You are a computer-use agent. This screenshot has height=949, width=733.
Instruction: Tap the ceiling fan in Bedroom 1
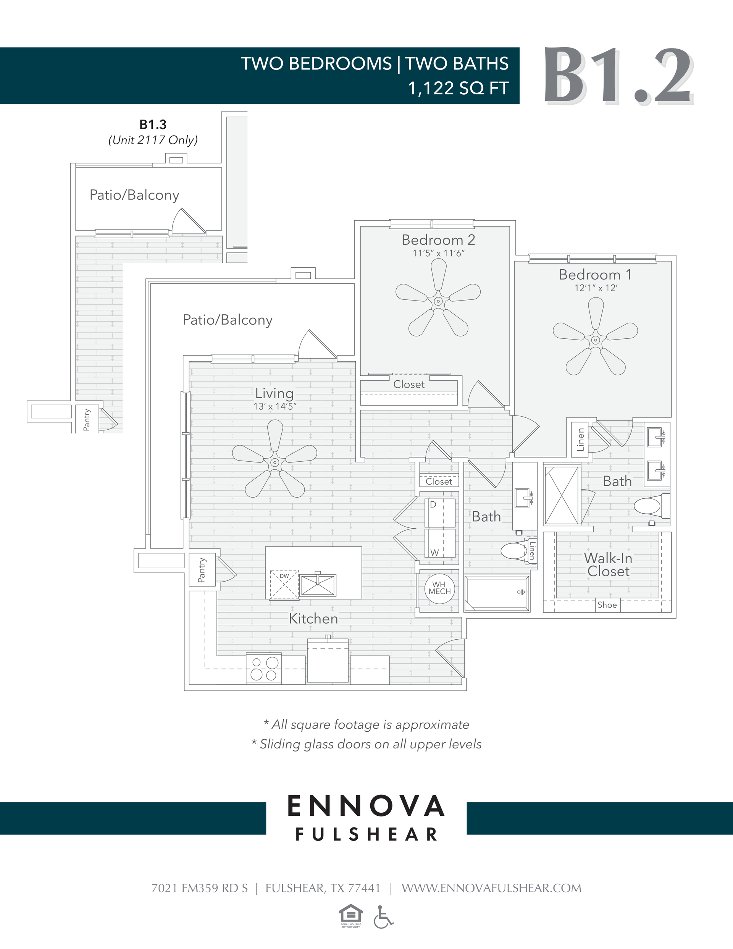595,340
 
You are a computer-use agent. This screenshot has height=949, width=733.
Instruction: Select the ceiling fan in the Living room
274,462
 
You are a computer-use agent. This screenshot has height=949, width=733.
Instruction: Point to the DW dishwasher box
284,584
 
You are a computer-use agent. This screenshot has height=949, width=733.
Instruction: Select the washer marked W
440,543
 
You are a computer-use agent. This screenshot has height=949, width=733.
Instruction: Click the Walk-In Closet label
608,564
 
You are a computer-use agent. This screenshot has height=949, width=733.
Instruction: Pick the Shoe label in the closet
607,605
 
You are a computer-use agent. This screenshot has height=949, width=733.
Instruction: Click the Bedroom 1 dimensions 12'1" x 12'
596,288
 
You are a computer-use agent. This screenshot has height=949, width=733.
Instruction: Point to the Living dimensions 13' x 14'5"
274,407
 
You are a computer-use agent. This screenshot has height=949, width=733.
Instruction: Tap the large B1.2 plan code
617,76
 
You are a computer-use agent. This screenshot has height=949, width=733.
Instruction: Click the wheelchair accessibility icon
383,917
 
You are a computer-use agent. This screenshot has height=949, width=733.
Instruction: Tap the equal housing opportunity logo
350,915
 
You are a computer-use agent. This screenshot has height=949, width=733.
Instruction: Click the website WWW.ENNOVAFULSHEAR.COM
491,888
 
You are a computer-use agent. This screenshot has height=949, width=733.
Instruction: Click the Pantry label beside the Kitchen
202,570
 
